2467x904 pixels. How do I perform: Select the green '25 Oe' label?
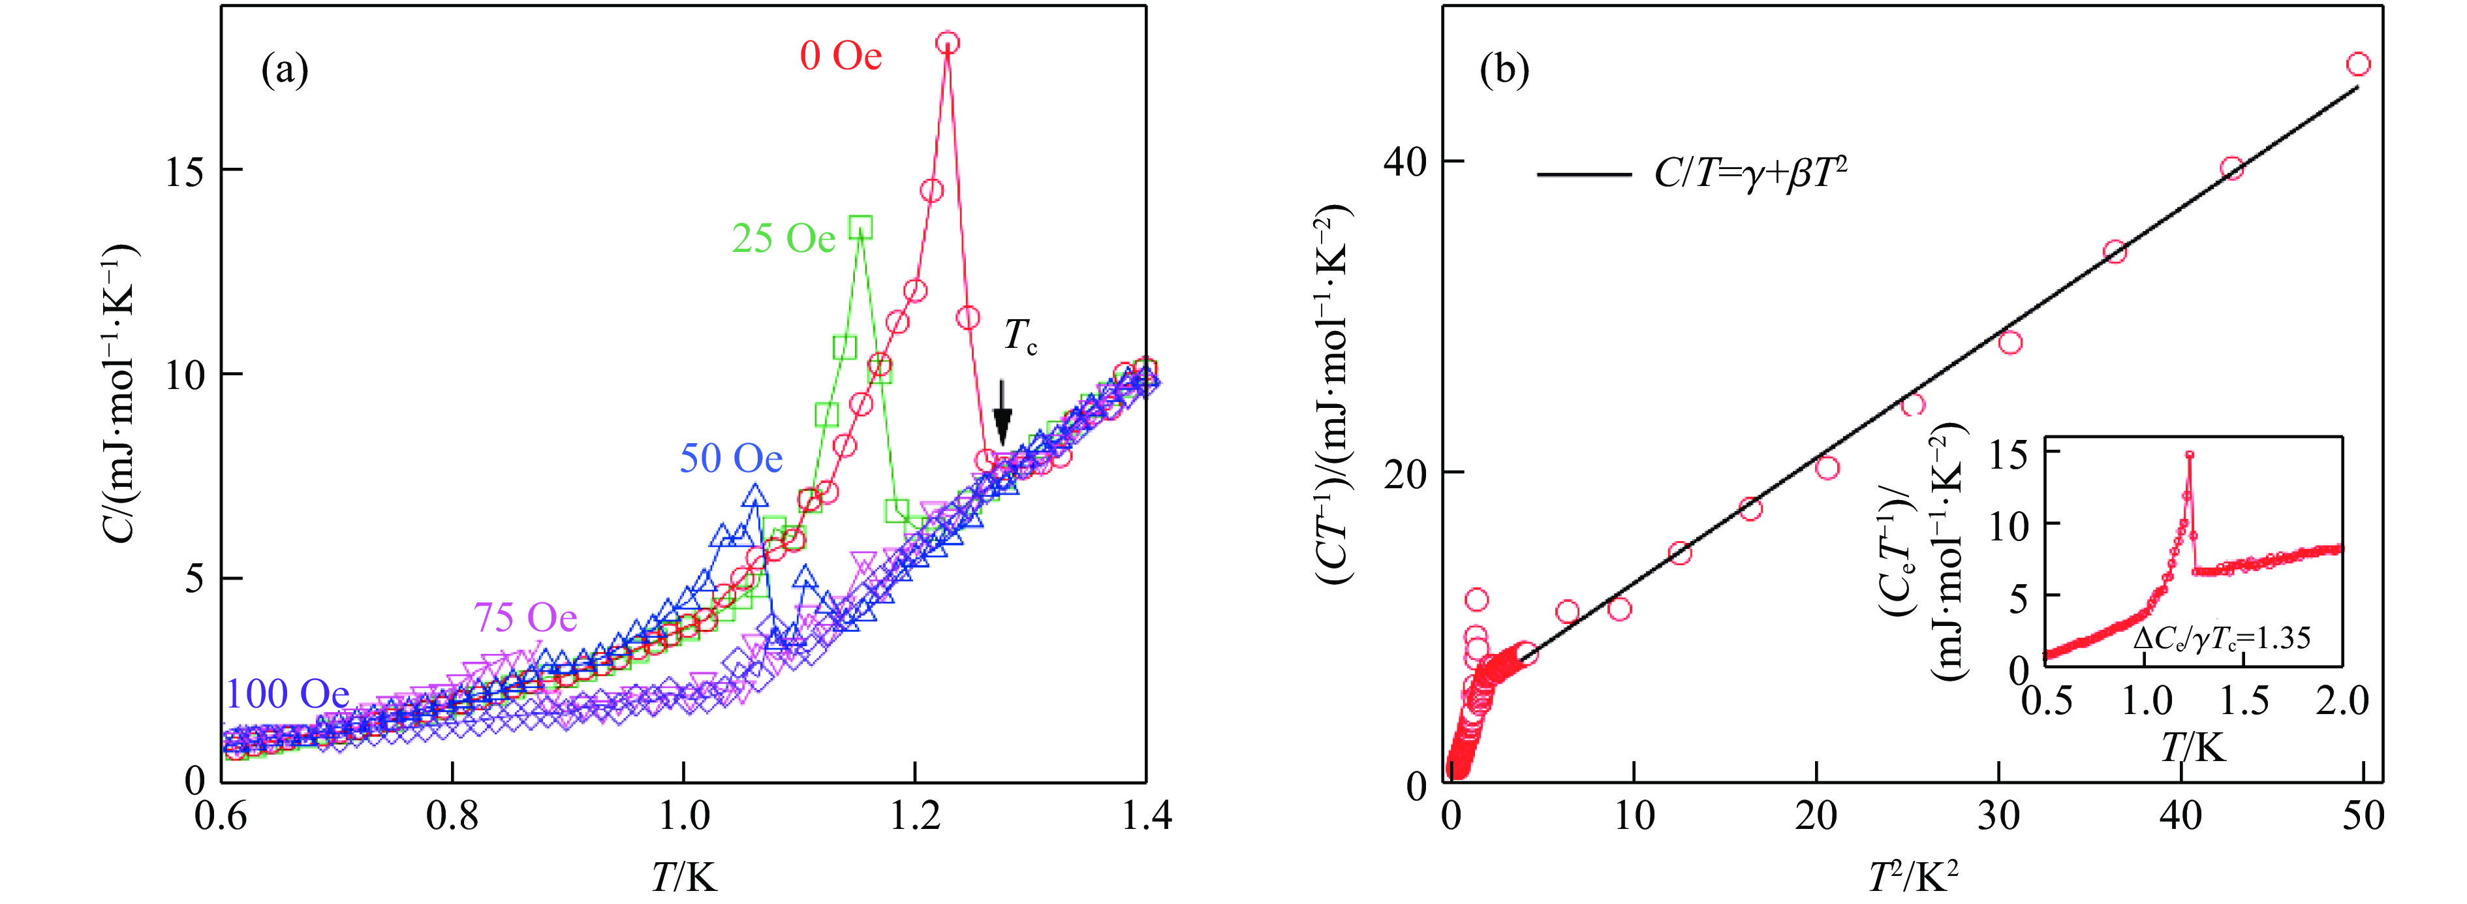point(783,238)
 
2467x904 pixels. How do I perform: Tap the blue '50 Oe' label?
point(731,459)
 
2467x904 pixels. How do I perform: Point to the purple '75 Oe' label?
point(525,617)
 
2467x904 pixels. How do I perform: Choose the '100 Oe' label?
point(287,693)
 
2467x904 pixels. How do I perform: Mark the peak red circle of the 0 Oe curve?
point(947,43)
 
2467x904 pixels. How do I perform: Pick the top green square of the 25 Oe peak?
point(861,227)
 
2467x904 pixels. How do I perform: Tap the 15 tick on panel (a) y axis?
point(185,172)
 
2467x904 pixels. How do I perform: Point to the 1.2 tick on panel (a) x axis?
point(914,816)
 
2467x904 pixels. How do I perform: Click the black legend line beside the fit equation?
point(1584,175)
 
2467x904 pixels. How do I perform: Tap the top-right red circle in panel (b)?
point(2358,64)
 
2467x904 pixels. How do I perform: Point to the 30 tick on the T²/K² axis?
point(1998,816)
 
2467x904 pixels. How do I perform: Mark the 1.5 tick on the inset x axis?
point(2244,702)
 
